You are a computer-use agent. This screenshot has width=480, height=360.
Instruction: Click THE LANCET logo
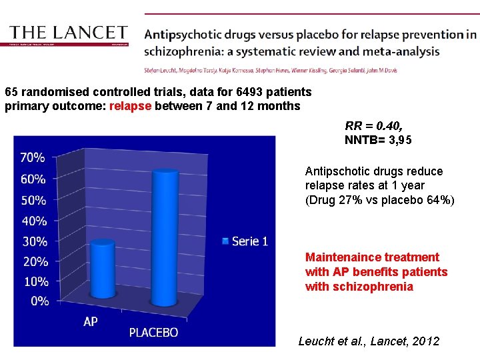click(69, 33)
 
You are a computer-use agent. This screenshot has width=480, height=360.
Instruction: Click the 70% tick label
click(33, 158)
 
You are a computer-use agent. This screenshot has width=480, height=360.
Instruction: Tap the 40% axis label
click(33, 221)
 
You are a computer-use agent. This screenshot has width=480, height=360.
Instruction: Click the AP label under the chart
click(91, 322)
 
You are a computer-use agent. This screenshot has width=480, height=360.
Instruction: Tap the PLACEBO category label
click(153, 332)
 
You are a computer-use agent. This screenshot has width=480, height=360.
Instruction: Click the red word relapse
click(130, 106)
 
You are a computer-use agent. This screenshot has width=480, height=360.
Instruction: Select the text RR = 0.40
click(373, 125)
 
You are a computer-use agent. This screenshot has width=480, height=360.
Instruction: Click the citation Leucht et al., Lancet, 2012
click(369, 341)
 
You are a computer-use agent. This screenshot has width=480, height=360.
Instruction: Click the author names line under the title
click(269, 70)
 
